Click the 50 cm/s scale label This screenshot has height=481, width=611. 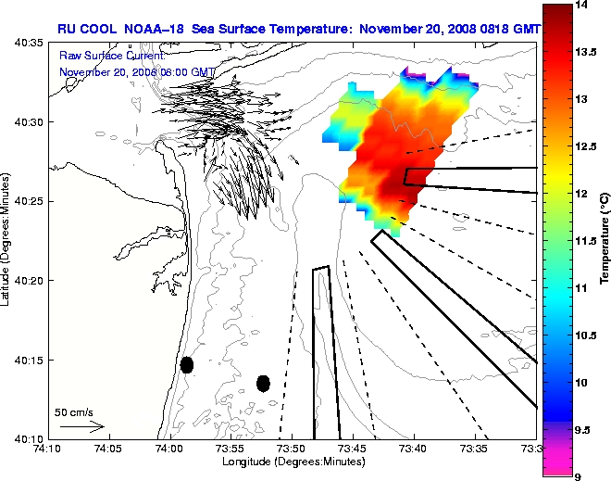coord(74,412)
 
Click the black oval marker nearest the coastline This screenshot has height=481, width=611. coord(187,364)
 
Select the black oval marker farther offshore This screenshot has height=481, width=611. coord(263,383)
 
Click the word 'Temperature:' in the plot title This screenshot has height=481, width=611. coord(312,29)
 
